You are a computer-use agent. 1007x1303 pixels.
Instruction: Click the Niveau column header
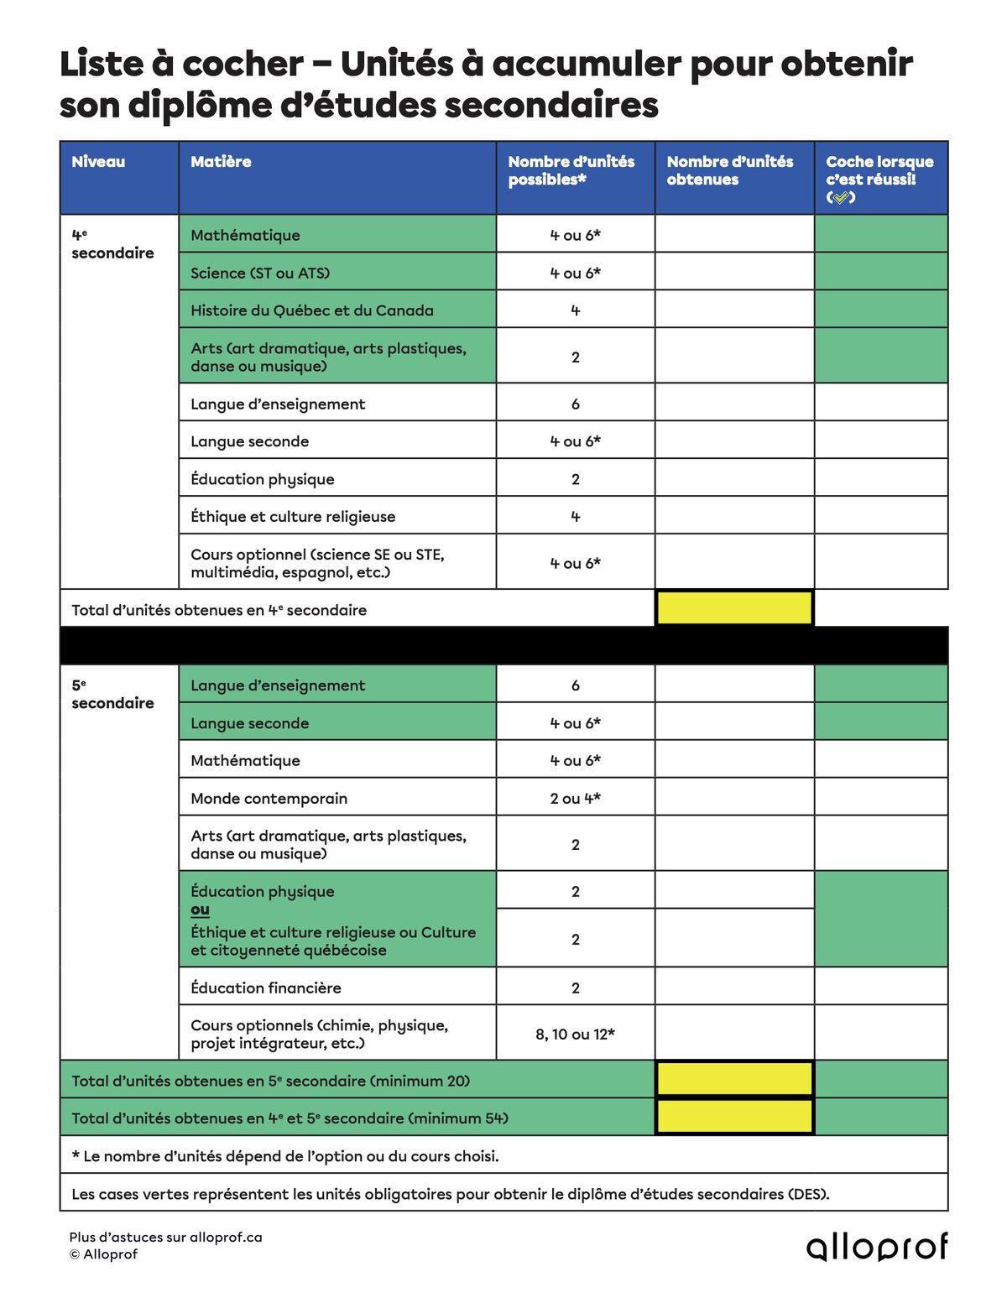(99, 162)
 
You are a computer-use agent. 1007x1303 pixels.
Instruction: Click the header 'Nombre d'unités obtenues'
(729, 170)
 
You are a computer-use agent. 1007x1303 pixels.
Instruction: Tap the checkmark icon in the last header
(840, 197)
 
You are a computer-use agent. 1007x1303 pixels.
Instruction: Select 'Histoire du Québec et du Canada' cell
(312, 310)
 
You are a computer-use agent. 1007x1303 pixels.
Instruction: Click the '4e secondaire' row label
(112, 244)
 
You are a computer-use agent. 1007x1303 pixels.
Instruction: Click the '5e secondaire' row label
(112, 695)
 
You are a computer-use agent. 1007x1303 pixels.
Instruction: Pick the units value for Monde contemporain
(575, 798)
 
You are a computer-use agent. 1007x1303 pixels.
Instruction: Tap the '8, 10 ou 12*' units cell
(575, 1034)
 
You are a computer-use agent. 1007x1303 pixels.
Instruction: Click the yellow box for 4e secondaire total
(734, 608)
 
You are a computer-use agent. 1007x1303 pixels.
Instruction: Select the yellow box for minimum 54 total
(734, 1117)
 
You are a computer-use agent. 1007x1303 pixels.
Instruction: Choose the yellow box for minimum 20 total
(734, 1080)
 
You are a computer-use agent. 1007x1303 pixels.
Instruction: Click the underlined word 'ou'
(200, 910)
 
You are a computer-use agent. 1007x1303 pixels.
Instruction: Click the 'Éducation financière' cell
(266, 988)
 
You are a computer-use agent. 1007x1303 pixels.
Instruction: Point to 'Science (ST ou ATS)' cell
(260, 273)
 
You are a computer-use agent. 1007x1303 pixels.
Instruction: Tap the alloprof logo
(877, 1247)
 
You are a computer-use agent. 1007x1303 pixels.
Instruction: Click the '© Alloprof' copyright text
(104, 1254)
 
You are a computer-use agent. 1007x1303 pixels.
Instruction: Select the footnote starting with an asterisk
(285, 1156)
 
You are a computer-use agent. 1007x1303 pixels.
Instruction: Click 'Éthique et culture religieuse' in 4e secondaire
(293, 516)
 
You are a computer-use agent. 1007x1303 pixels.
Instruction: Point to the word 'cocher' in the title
(243, 65)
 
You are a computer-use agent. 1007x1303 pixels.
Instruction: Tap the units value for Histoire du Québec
(575, 310)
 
